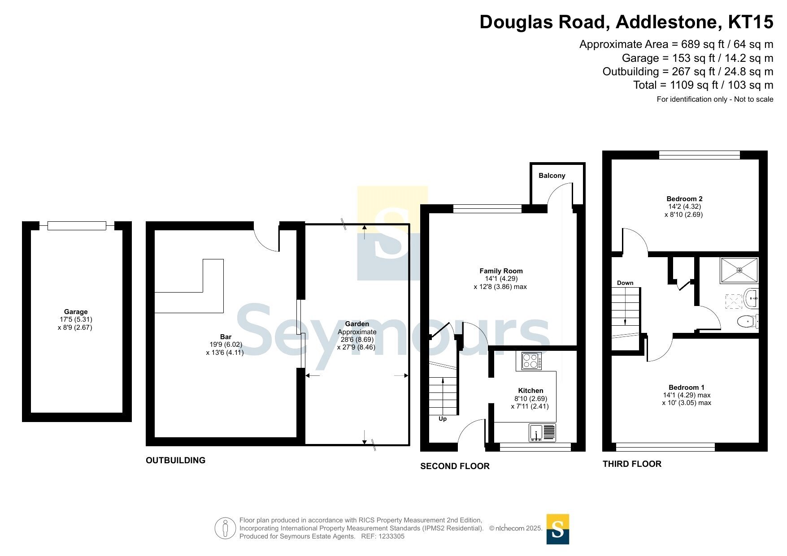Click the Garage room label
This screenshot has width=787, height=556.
click(76, 312)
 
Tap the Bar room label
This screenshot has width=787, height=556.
click(226, 337)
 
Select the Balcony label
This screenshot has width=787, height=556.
click(552, 176)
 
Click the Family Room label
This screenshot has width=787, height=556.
click(501, 271)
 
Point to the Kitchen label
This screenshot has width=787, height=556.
click(530, 391)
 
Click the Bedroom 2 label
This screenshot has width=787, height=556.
click(684, 199)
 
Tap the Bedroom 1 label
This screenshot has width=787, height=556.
click(687, 388)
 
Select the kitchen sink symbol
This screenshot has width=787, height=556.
click(543, 433)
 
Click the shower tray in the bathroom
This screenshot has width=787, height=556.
click(739, 270)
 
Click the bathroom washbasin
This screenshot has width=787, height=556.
click(751, 298)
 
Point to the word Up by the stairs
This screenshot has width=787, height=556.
click(443, 419)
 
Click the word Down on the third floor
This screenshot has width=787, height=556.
click(625, 283)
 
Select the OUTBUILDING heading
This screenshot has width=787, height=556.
click(175, 460)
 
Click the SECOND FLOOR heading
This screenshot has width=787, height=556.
click(455, 466)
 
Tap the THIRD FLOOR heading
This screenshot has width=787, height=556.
click(632, 464)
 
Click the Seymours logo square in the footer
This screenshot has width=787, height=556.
click(558, 529)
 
